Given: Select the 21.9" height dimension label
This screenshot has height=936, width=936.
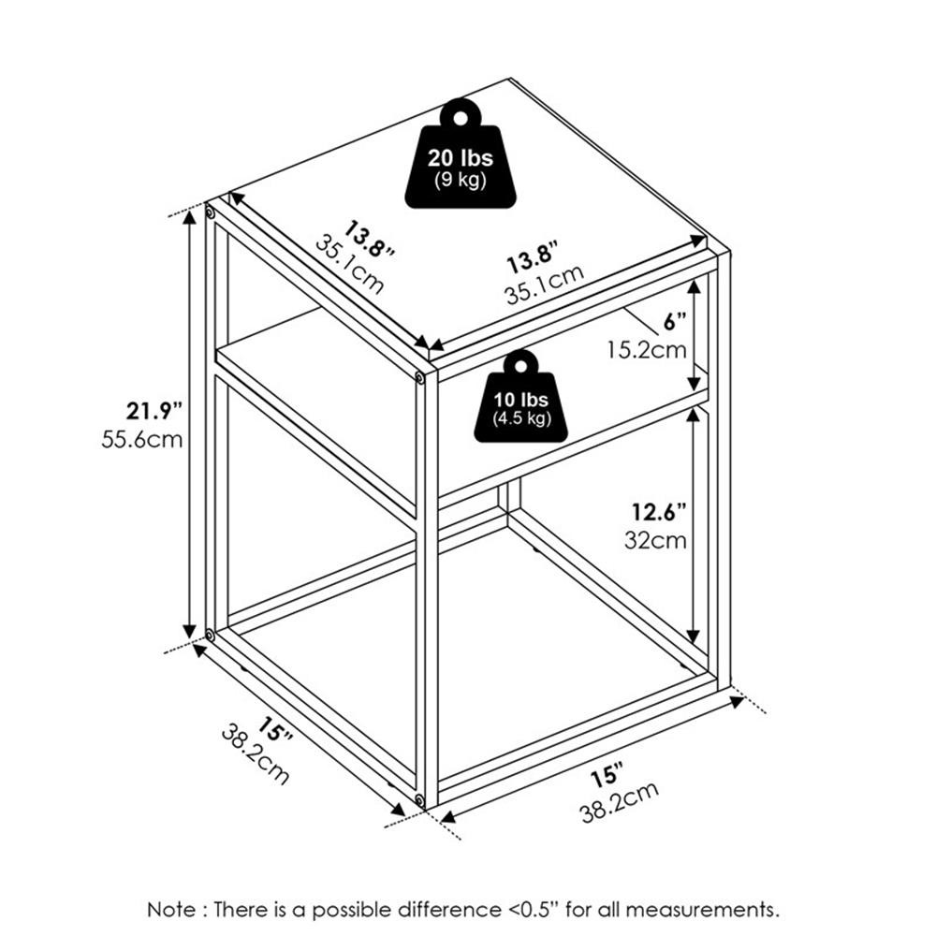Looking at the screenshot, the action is [154, 411].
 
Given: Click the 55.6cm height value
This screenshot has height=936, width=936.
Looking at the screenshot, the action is [141, 440].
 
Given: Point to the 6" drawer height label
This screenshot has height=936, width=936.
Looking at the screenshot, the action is [675, 322].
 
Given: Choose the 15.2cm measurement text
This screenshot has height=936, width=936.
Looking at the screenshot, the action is [647, 349].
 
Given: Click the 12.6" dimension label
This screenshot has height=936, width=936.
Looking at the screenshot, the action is [659, 512].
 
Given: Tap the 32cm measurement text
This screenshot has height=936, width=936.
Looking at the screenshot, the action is [655, 540].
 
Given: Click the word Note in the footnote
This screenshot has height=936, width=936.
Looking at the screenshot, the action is [171, 910].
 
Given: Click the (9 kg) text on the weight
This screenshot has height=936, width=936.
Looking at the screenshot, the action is [461, 179].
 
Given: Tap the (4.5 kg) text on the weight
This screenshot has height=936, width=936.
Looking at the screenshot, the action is [521, 418].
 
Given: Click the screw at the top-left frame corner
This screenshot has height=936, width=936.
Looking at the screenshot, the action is [210, 212].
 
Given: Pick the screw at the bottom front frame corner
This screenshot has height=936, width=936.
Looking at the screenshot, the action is [419, 799].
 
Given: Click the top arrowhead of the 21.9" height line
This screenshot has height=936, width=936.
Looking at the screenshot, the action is [190, 217].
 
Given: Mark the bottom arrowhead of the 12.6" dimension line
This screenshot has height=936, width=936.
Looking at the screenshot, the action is [693, 636].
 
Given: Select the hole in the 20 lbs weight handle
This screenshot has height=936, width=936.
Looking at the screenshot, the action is [461, 118].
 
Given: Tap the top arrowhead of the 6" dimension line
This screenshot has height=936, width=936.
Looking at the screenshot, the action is [693, 287].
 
